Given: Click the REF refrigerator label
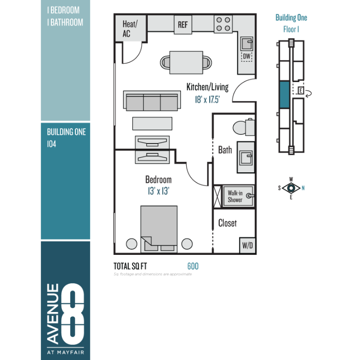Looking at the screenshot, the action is pos(183,25).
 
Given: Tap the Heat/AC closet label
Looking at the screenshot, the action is pos(130,29).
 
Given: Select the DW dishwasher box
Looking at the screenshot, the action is pos(247,56).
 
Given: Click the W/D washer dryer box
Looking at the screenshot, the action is pos(247,245).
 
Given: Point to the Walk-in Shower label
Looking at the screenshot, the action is pos(235,196).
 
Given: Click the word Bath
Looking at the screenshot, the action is pos(225,150).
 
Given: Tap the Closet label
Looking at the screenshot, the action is pos(228,223).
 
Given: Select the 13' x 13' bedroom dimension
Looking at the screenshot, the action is pos(158,191).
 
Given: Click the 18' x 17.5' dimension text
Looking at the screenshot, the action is pos(207,99).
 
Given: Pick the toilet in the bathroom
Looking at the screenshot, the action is pos(244,127).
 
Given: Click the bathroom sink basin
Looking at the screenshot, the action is pos(246,157).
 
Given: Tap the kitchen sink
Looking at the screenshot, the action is pos(247,44).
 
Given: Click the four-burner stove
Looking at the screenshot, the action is pos(223,24).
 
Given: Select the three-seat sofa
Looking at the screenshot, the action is pos(152,101).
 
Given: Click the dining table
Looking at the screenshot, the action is pos(186,62).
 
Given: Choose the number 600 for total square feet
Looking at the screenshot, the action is pos(193,266).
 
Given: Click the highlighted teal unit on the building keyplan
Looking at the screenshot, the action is pos(285,95).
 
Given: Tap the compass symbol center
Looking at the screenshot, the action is pos(291,188).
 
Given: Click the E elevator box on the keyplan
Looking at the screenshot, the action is pos(300,90).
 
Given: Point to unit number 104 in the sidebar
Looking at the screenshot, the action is pos(52,144).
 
